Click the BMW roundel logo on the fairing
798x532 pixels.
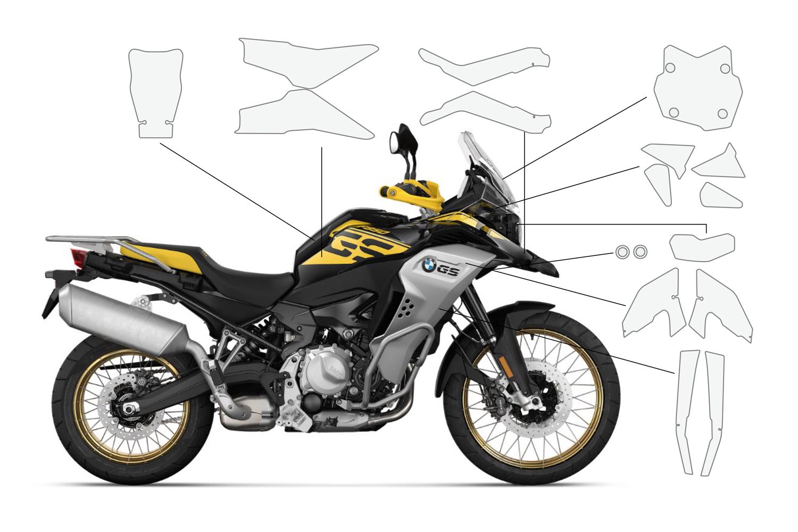point(429,264)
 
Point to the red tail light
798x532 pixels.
point(79,259)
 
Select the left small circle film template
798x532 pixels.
point(622,252)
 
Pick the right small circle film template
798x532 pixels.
point(641,252)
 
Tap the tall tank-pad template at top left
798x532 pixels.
point(156,90)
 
